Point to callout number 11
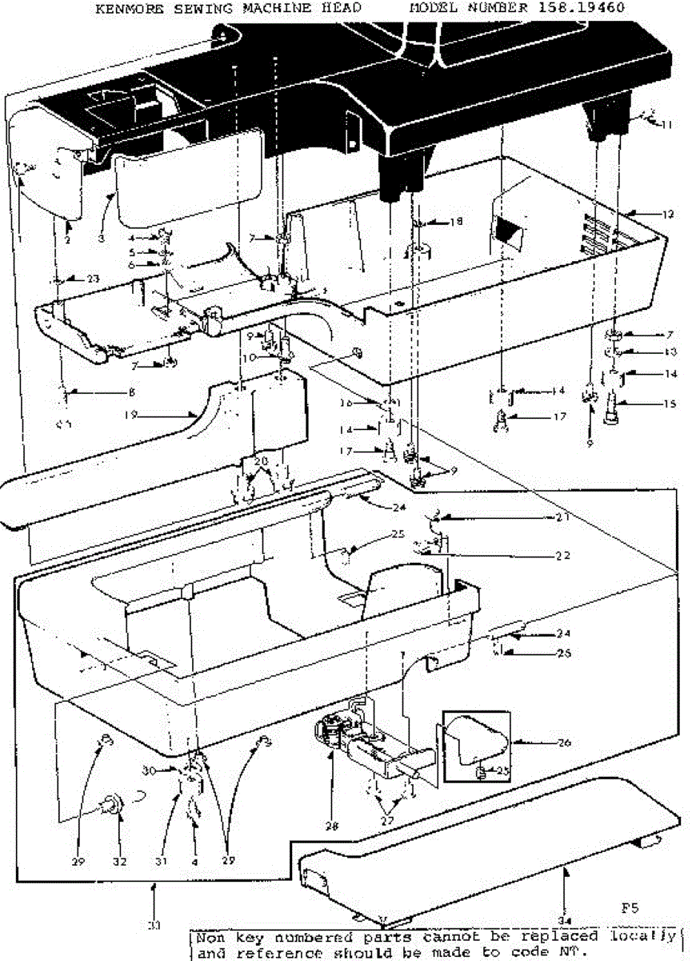tap(666, 124)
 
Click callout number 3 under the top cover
tap(102, 238)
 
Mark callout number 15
tap(670, 404)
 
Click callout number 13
tap(670, 351)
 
